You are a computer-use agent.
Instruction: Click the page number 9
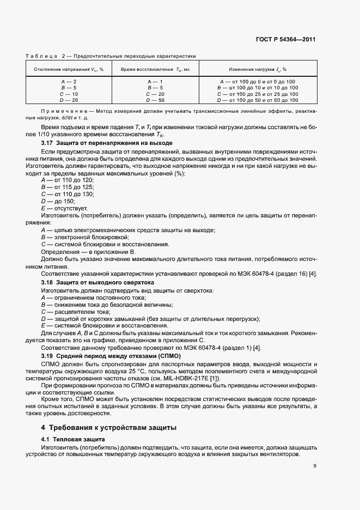315,465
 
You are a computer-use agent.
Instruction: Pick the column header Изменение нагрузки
258,69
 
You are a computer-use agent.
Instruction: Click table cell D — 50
155,100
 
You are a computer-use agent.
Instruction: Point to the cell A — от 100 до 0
258,81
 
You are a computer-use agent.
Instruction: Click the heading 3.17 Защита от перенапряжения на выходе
107,142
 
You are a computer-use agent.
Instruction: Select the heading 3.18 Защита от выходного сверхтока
97,283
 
